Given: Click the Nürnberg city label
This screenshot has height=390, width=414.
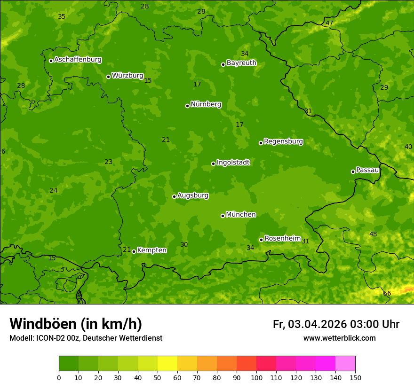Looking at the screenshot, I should tap(206, 104).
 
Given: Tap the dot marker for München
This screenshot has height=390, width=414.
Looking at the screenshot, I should tap(223, 216).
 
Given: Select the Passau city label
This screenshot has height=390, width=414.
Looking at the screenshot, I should tap(367, 170).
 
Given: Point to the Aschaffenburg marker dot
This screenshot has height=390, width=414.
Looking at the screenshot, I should tap(51, 61).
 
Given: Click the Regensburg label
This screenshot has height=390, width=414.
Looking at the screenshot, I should tap(283, 141).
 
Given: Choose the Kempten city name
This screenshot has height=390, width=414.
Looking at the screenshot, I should tap(151, 250).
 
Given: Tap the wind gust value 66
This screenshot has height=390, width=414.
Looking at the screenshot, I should tap(387, 293).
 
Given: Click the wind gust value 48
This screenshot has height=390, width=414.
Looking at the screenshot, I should tap(373, 234).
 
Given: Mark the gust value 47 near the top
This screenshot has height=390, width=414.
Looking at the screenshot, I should tap(329, 23).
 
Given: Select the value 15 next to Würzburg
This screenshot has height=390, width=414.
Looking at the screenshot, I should tap(148, 80).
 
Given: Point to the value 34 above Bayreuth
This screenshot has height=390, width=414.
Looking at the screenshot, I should tap(245, 54).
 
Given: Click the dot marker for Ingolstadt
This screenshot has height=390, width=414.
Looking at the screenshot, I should tap(213, 164).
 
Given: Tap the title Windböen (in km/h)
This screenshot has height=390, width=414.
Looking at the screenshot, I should tap(76, 324).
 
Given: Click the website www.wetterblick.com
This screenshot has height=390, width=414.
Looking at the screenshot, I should tap(339, 338).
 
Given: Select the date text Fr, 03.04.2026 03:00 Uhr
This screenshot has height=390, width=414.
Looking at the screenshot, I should tap(336, 324).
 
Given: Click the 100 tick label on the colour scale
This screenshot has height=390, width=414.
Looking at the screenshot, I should tap(256, 377).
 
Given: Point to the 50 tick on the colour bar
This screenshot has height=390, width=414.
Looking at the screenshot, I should tap(158, 377).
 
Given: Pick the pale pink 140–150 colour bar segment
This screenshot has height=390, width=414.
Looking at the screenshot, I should tap(345, 363).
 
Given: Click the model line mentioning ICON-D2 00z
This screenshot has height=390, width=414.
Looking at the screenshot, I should tap(86, 338).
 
